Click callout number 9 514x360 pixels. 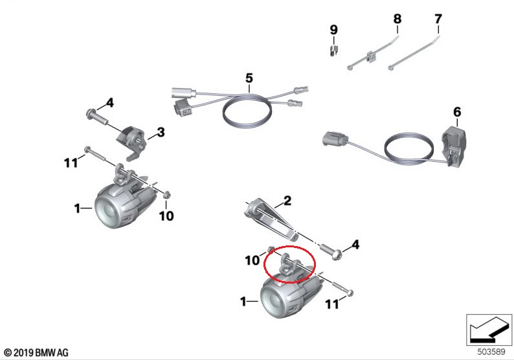pos(333,30)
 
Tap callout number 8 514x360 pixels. pos(397,19)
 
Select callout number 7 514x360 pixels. pos(438,19)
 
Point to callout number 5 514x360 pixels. pos(249,78)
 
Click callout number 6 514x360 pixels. pos(457,112)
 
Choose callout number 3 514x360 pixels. pos(161,133)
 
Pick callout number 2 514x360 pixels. pos(287,200)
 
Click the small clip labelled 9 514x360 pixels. pos(333,51)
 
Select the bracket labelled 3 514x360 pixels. pos(131,144)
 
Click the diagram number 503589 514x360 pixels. pos(491,352)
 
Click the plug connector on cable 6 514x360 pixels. pos(335,139)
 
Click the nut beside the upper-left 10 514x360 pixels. pos(166,195)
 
